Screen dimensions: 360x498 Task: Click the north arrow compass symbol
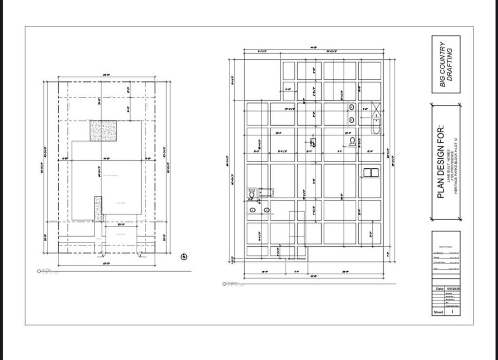click(x=184, y=256)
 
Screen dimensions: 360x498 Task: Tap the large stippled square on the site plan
click(x=103, y=130)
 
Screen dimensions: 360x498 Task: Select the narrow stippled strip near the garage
click(x=98, y=209)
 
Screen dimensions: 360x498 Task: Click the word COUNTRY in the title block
click(x=442, y=64)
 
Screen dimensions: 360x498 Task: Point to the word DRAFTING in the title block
click(x=450, y=64)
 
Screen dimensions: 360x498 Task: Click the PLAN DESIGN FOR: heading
click(x=440, y=162)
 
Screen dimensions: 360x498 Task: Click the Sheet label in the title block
click(x=438, y=312)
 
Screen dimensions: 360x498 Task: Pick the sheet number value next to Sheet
click(x=452, y=312)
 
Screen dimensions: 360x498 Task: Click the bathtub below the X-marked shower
click(x=376, y=126)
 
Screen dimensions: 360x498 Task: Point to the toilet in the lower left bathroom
click(x=252, y=193)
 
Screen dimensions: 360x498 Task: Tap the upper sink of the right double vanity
click(x=351, y=107)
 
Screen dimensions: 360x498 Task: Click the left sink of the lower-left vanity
click(x=253, y=210)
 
